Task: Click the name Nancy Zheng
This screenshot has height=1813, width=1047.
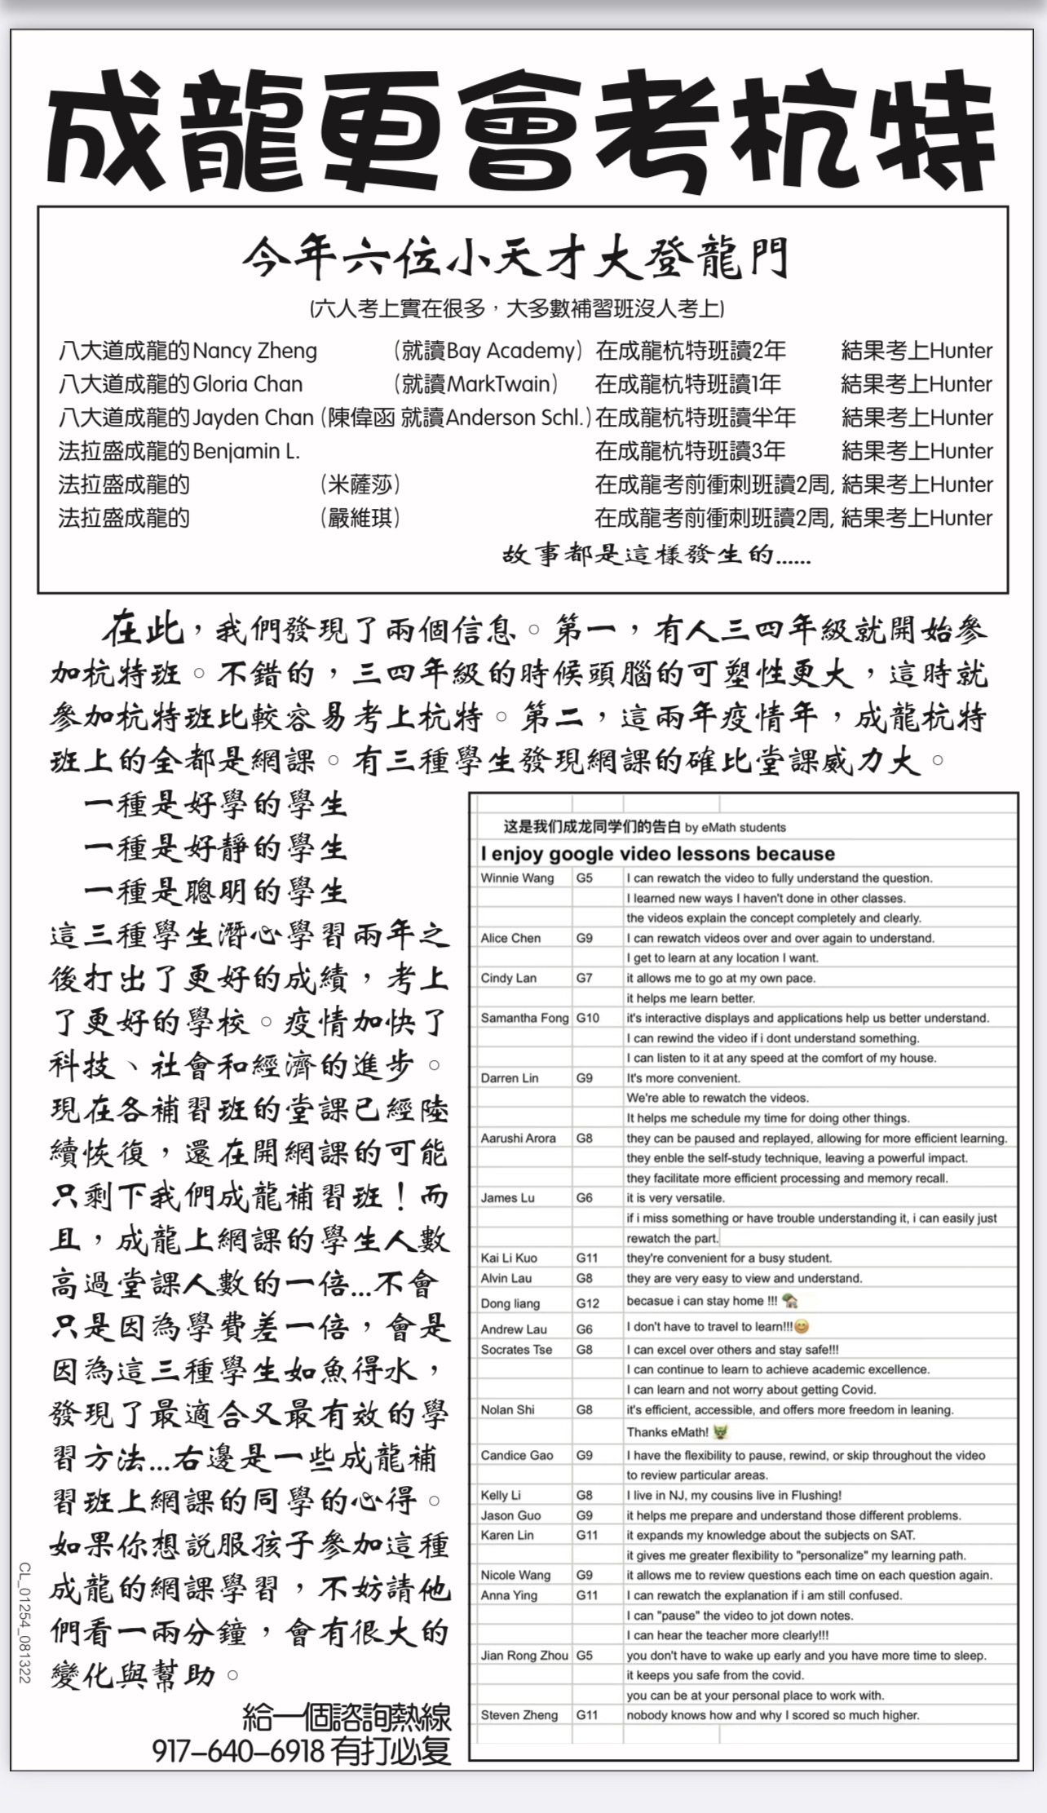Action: coord(254,352)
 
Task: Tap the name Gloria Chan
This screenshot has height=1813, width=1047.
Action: coord(247,384)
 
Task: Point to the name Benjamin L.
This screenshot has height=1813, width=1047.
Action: coord(246,451)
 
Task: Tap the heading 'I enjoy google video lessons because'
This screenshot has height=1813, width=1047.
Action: coord(657,854)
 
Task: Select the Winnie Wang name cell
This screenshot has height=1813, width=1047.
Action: coord(517,878)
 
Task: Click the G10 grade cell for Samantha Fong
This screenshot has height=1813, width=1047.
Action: coord(587,1018)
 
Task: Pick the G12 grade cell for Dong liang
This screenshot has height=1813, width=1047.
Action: coord(587,1303)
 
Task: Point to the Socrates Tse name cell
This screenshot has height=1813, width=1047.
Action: coord(516,1350)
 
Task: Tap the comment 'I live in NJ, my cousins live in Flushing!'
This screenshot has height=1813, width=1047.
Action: coord(734,1495)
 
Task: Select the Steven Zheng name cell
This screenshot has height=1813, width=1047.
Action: coord(519,1715)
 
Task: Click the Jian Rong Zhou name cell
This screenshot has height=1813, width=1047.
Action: coord(523,1656)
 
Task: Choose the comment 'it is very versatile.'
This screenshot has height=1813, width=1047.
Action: coord(675,1198)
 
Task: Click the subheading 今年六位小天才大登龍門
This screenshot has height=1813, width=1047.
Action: coord(515,259)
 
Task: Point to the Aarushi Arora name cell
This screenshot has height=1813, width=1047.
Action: coord(518,1138)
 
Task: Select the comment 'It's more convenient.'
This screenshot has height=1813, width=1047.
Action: coord(683,1078)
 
